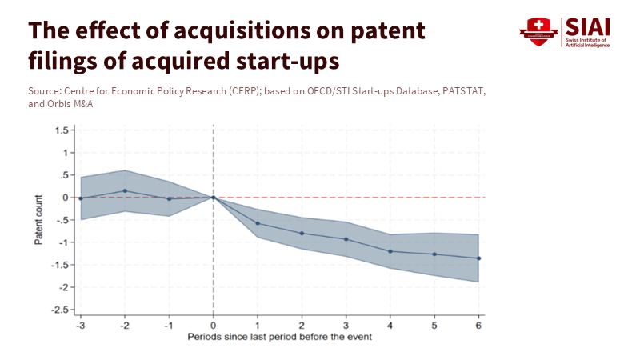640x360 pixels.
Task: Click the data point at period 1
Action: pos(258,223)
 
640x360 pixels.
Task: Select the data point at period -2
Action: pos(125,191)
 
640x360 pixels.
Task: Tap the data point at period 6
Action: pos(478,258)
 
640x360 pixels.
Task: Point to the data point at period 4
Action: pos(390,251)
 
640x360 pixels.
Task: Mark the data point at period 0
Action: pos(214,198)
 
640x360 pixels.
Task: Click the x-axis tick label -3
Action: pos(80,326)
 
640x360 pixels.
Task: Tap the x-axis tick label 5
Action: pos(434,326)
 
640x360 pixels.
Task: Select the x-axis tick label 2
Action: pos(302,326)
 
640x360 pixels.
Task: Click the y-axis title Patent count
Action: pos(38,219)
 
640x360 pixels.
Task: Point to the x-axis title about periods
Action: pos(280,338)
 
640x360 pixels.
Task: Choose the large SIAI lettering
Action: pos(587,26)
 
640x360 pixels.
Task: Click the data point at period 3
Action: pos(346,239)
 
